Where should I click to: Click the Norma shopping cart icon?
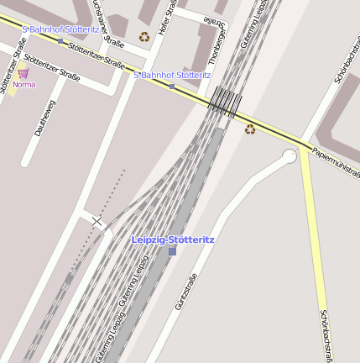tap(23, 74)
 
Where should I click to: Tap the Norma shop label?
tap(23, 84)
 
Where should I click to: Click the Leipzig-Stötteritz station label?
tap(172, 239)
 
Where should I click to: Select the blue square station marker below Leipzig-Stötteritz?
tap(172, 250)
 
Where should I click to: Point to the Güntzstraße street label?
tap(186, 292)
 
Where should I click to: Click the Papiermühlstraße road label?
tap(335, 162)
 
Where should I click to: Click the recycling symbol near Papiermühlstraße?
tap(249, 129)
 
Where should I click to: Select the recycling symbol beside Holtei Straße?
tap(144, 37)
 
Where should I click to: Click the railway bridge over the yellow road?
tap(224, 102)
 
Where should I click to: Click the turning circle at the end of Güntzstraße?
tap(290, 155)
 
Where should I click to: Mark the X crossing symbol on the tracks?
tap(98, 221)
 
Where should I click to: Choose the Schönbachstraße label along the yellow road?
tap(326, 336)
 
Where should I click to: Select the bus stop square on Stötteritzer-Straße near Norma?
tap(60, 39)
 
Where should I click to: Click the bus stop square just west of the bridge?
tap(172, 86)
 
